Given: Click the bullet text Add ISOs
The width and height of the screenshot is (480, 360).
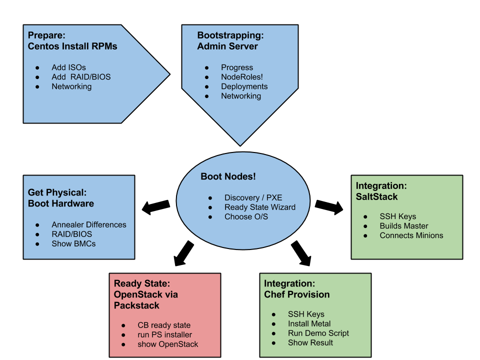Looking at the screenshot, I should [68, 67].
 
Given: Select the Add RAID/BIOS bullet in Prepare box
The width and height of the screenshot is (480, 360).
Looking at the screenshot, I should [81, 77].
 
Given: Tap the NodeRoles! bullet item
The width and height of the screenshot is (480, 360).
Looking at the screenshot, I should [242, 77].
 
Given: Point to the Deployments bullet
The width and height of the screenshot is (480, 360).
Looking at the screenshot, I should [244, 86].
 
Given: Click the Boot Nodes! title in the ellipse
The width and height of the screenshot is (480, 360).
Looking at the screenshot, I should [228, 176].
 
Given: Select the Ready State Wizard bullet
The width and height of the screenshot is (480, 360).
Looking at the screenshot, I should [259, 207].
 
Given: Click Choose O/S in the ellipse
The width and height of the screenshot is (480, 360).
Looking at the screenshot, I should [246, 217].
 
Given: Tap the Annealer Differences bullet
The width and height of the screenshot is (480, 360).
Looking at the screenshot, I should [89, 225].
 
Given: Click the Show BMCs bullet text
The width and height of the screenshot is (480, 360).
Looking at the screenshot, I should [73, 244].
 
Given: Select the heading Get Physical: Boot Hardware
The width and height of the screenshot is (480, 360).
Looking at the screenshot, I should [60, 198].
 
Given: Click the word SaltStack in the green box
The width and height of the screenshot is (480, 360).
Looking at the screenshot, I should [376, 197].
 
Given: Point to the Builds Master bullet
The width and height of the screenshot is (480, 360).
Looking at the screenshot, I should [403, 226].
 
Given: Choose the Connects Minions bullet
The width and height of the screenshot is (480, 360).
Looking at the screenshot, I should [411, 235].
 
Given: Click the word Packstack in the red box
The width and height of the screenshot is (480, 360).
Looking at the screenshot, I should [136, 305].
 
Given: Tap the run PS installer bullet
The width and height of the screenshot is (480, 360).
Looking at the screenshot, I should [164, 335].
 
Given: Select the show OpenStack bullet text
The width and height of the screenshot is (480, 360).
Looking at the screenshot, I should [167, 344].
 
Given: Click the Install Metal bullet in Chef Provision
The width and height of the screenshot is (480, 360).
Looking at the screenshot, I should [309, 324].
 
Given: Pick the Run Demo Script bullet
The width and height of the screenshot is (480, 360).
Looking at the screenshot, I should [318, 333].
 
